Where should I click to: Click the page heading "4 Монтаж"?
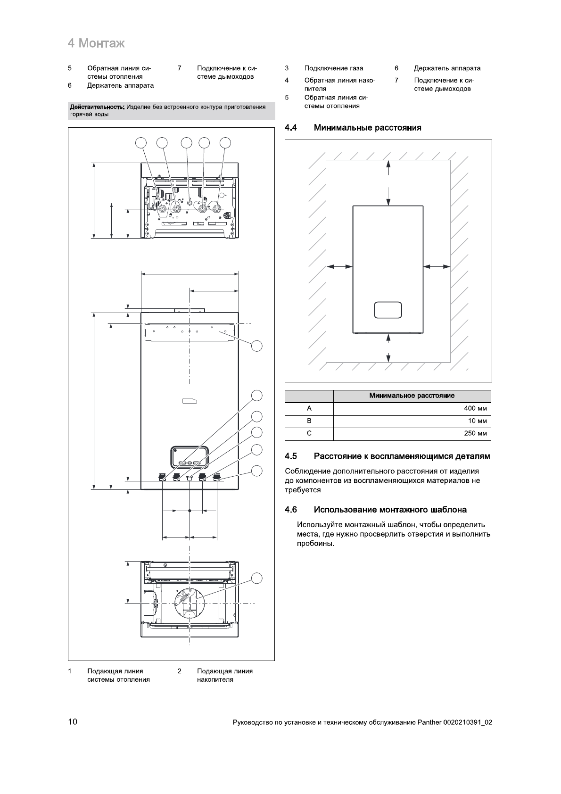[96, 44]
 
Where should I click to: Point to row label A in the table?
[309, 409]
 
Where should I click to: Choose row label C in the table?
[309, 433]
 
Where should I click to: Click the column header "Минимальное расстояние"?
[412, 396]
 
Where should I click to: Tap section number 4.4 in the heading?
[291, 128]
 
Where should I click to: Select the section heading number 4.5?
[291, 456]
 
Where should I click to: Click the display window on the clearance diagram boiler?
[388, 310]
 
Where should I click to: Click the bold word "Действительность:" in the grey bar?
[97, 107]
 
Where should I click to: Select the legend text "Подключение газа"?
[334, 68]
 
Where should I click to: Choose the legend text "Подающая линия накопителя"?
[224, 675]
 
